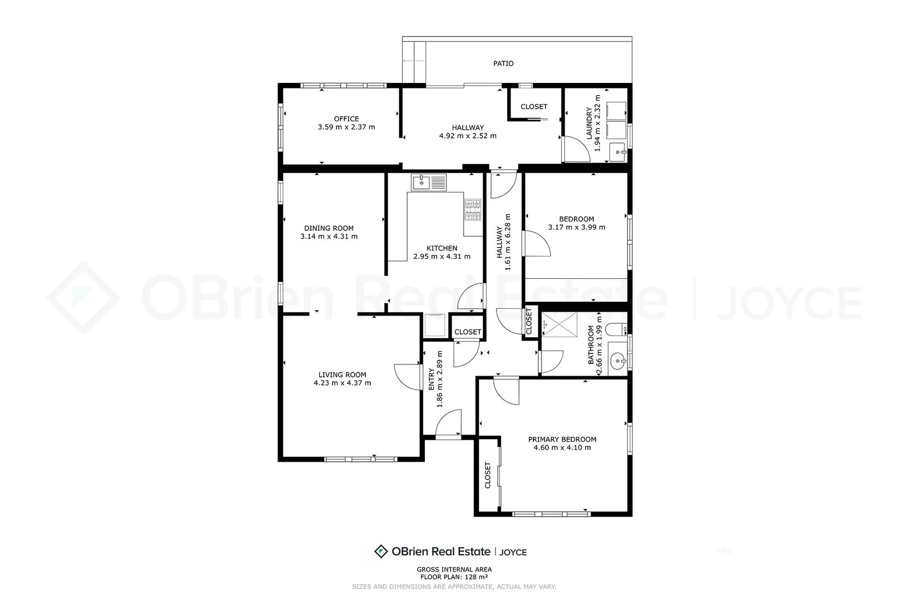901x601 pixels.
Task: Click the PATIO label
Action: pos(503,63)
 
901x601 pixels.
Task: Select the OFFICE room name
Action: pos(346,119)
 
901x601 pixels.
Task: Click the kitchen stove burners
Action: pos(473,210)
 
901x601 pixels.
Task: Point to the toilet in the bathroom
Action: pos(615,330)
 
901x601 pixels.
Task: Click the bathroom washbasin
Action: pos(617,362)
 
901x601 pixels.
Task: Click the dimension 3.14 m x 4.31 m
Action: pos(329,237)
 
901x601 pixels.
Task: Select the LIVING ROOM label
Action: pos(342,375)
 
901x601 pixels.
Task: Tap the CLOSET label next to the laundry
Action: pos(533,106)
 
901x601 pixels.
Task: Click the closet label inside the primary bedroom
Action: pos(488,475)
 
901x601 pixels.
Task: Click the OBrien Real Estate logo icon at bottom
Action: pos(380,551)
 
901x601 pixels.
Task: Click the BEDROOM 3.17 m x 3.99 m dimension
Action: pos(576,227)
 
